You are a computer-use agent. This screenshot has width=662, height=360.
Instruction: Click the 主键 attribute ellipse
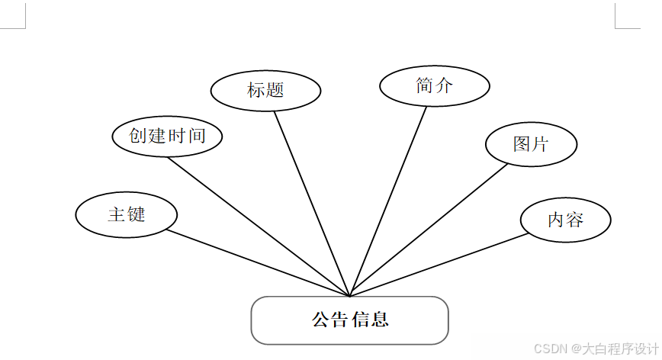point(127,214)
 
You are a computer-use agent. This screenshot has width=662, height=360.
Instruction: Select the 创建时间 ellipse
point(168,137)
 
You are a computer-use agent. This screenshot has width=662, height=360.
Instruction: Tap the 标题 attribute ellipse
point(265,90)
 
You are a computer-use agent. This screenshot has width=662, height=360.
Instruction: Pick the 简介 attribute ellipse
point(434,85)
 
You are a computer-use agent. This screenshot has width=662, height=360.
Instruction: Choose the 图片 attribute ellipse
point(531,143)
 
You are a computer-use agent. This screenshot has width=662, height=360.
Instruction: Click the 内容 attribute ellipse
point(565,220)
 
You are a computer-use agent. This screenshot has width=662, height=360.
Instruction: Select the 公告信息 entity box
point(349,320)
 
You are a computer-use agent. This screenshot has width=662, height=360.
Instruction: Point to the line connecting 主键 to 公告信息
point(259,262)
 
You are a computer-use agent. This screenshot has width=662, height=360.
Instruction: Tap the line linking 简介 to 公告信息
point(387,201)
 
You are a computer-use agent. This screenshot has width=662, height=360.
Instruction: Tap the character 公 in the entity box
point(320,320)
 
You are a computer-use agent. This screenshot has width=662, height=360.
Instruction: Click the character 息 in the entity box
point(380,320)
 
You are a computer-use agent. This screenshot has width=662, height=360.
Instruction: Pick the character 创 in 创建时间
point(138,137)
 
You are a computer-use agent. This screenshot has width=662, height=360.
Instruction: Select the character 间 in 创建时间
point(198,137)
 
